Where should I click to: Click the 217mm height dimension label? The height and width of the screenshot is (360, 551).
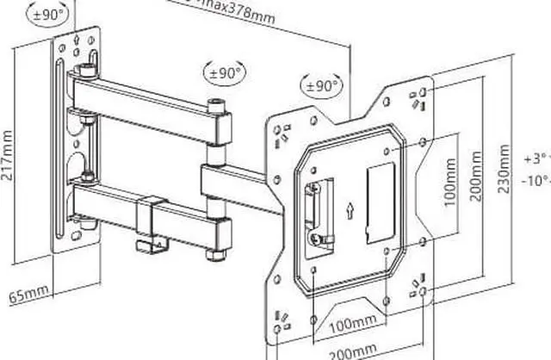(9, 154)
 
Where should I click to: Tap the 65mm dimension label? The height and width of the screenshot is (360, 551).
(29, 295)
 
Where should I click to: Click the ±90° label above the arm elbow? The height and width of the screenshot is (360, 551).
(223, 72)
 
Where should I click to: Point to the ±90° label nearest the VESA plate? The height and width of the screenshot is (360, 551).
(320, 86)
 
